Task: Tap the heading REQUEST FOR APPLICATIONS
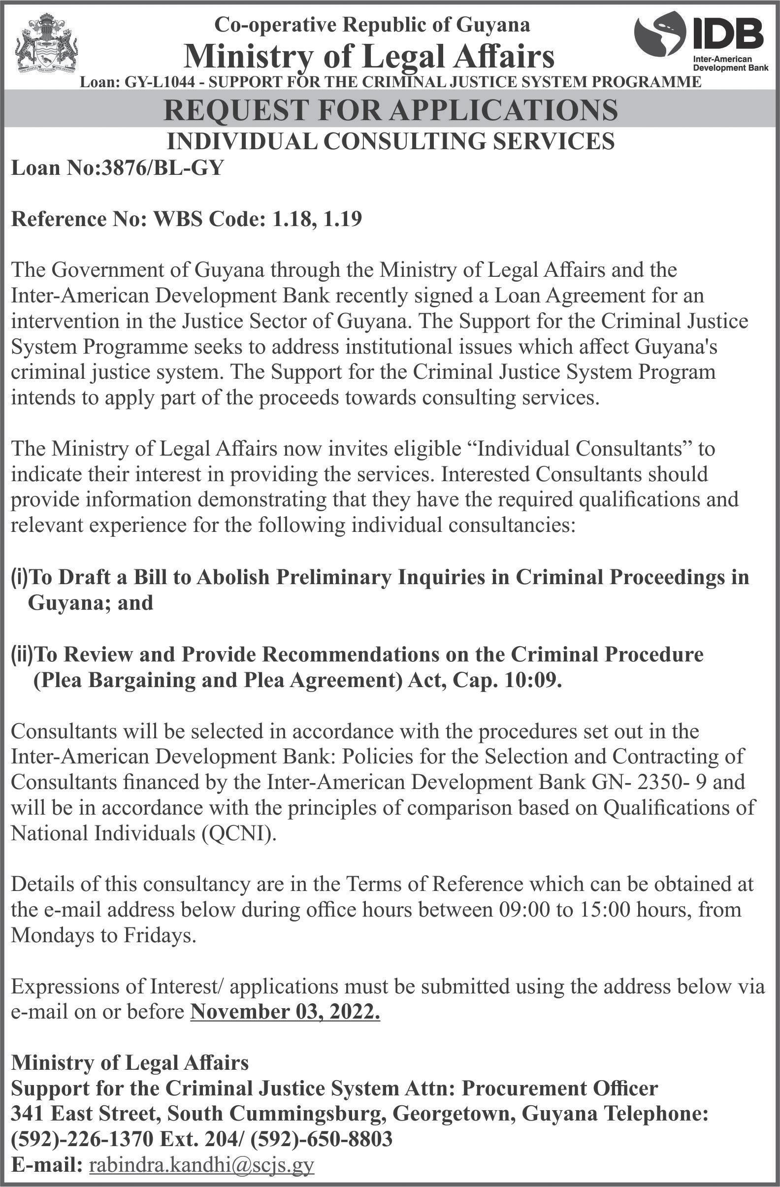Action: click(390, 111)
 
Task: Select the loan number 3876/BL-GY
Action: click(158, 168)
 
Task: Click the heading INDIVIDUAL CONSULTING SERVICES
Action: click(390, 141)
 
